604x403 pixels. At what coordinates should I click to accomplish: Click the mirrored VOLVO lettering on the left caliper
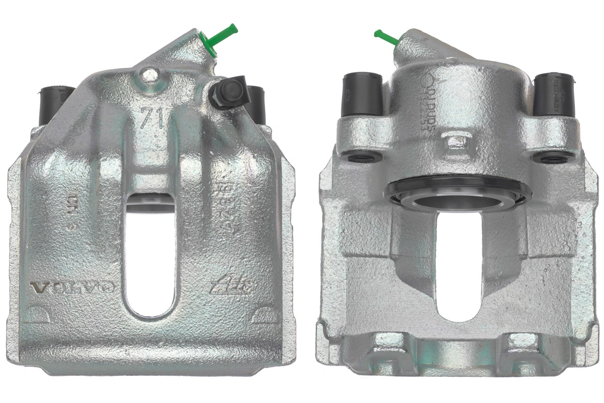coord(73,288)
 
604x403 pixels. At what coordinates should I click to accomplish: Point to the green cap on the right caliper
coord(386,38)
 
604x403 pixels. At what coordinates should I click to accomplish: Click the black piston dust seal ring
coord(456,193)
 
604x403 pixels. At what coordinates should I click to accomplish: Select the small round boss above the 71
coord(149,76)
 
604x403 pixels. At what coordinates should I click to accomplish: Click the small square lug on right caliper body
coord(457,141)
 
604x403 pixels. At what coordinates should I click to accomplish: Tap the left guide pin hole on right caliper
coord(360,156)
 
